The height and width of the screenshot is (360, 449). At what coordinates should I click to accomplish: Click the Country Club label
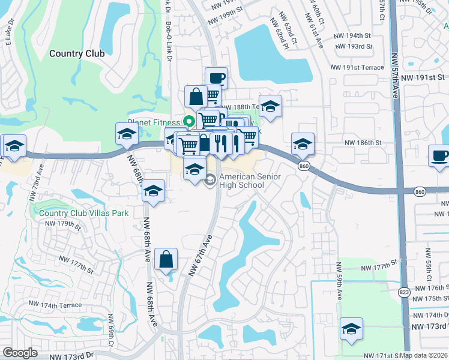[77, 53]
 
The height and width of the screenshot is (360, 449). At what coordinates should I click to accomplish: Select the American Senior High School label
[242, 181]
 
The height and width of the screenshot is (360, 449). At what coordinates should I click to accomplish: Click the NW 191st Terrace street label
[359, 67]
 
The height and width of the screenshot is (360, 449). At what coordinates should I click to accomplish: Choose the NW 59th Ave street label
[339, 284]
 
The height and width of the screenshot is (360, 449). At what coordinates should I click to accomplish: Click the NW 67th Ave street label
[201, 255]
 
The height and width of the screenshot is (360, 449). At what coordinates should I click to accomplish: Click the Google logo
[20, 353]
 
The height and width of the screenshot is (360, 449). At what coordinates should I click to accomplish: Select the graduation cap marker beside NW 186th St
[303, 144]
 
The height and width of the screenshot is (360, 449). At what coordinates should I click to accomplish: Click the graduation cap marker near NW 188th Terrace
[270, 106]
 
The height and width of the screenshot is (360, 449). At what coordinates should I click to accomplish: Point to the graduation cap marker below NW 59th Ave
[351, 329]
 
